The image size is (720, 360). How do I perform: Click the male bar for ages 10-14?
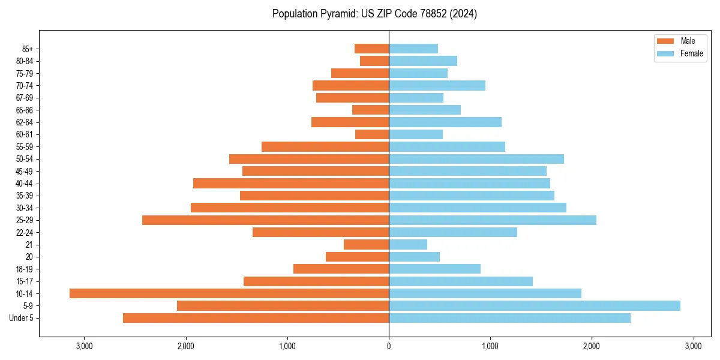pyautogui.click(x=229, y=293)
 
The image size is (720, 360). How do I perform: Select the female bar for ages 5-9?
pyautogui.click(x=535, y=306)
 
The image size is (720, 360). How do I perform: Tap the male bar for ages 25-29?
pyautogui.click(x=265, y=220)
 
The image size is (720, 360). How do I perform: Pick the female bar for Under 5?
pyautogui.click(x=509, y=318)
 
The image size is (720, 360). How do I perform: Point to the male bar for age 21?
pyautogui.click(x=366, y=245)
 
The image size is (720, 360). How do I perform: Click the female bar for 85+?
pyautogui.click(x=413, y=49)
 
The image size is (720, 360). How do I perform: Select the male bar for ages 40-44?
pyautogui.click(x=291, y=184)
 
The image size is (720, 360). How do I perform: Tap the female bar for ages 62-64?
pyautogui.click(x=445, y=122)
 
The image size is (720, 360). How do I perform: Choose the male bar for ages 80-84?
pyautogui.click(x=374, y=61)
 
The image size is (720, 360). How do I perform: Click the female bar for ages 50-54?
pyautogui.click(x=476, y=159)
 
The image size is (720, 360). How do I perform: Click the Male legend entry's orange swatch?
pyautogui.click(x=666, y=41)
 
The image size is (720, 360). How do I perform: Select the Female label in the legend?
pyautogui.click(x=692, y=53)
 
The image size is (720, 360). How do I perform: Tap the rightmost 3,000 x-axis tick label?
pyautogui.click(x=694, y=346)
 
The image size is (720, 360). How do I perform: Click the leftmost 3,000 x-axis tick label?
pyautogui.click(x=84, y=346)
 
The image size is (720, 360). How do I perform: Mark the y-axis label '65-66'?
pyautogui.click(x=25, y=110)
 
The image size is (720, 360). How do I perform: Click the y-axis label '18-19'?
pyautogui.click(x=25, y=269)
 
